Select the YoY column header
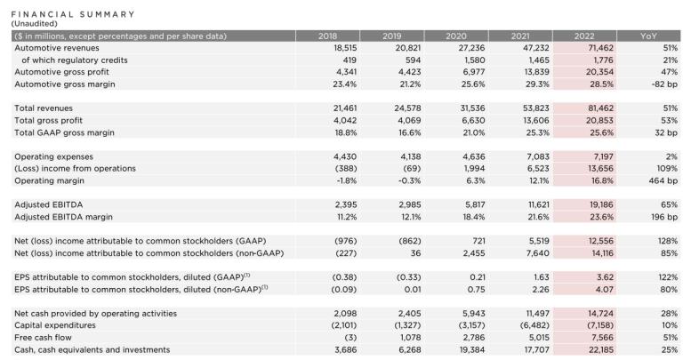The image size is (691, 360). click(648, 36)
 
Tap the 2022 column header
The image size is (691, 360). click(583, 36)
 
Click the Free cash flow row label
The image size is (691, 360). click(40, 338)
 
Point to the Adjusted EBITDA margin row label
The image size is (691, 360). click(64, 216)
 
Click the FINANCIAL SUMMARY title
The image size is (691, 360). click(73, 14)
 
